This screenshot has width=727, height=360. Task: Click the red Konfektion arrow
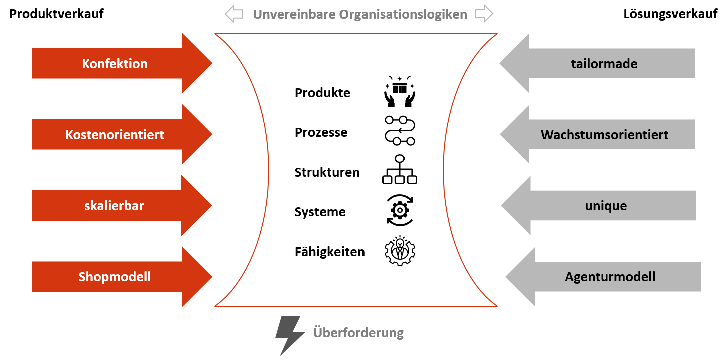tap(115, 64)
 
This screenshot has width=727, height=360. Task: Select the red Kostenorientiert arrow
tap(115, 135)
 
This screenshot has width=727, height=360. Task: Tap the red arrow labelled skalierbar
tap(114, 206)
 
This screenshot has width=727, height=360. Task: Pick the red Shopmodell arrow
tap(115, 277)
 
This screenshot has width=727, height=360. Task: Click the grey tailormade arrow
tap(604, 64)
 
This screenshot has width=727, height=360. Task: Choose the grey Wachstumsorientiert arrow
tap(604, 135)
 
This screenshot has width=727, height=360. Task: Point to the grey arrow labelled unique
tap(606, 206)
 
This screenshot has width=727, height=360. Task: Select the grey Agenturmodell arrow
tap(610, 277)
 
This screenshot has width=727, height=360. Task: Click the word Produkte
tap(322, 93)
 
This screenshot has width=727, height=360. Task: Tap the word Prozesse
tap(321, 133)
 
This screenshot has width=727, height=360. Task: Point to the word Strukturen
tap(327, 172)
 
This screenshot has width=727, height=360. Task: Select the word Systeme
tap(320, 212)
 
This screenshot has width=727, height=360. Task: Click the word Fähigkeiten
tap(329, 252)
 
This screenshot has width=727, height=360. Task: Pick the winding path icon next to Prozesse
tap(400, 131)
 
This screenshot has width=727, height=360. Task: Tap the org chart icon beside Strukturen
tap(400, 170)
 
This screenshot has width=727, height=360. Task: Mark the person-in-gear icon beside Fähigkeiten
tap(400, 250)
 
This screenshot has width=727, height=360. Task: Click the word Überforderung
tap(358, 333)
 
